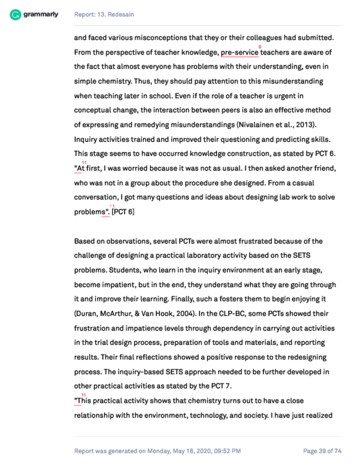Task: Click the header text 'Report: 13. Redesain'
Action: tap(104, 14)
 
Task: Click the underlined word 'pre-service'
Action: tap(240, 53)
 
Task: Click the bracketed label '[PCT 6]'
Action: tap(123, 212)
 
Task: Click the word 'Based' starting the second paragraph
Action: tap(84, 241)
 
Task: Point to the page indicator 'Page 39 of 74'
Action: tap(322, 451)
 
